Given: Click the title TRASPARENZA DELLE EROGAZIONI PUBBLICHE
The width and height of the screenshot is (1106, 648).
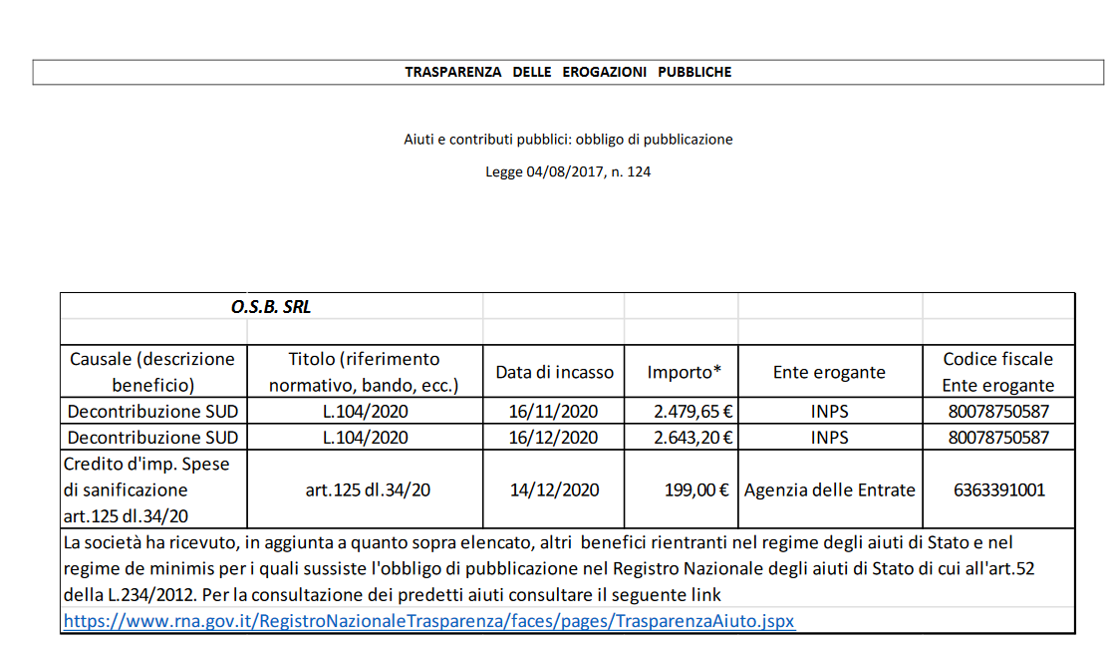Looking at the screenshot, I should click(x=568, y=72).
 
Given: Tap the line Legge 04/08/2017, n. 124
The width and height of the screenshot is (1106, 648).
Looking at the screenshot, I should click(x=568, y=171).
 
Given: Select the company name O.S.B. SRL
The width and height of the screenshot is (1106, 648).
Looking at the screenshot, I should click(x=271, y=307).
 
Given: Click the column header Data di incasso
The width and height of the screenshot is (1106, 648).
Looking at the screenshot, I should click(x=555, y=372).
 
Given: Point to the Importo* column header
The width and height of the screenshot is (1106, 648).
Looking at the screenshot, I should click(x=684, y=372).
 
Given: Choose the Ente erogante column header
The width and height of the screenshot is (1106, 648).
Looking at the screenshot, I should click(x=829, y=372).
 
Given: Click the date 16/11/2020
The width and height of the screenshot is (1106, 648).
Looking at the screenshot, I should click(x=555, y=411).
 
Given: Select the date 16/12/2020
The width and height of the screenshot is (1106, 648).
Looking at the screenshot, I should click(x=555, y=437).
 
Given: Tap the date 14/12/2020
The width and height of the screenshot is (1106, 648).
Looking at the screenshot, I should click(x=555, y=489).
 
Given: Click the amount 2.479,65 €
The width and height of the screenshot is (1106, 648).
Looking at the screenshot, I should click(x=693, y=411).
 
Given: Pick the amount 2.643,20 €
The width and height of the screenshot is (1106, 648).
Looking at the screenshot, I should click(x=693, y=437).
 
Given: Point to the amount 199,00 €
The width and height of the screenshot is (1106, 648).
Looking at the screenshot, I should click(x=697, y=489).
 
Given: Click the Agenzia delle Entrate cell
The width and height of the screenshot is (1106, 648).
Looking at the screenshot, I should click(x=829, y=489).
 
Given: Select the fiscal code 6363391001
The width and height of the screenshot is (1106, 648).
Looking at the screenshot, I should click(x=997, y=489).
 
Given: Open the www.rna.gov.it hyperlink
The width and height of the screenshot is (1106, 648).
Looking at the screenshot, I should click(x=428, y=620).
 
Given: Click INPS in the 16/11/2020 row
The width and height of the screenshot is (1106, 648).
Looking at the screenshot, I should click(x=829, y=411).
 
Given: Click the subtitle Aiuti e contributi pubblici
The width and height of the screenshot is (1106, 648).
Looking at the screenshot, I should click(x=568, y=140).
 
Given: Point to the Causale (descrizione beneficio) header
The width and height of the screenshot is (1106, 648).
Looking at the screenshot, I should click(x=152, y=372).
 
